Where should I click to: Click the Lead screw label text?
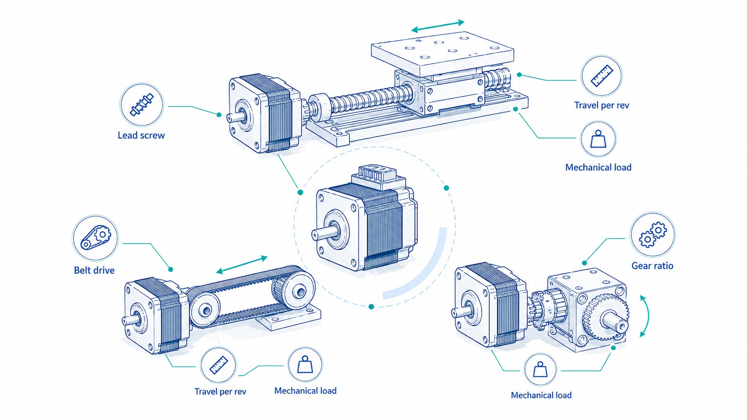pyautogui.click(x=141, y=135)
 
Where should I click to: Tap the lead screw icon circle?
pyautogui.click(x=142, y=104)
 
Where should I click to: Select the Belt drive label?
pyautogui.click(x=94, y=270)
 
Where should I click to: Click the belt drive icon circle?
pyautogui.click(x=95, y=238)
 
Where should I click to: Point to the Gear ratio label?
pyautogui.click(x=652, y=266)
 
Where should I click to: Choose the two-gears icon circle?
pyautogui.click(x=652, y=234)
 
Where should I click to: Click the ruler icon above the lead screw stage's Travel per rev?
pyautogui.click(x=601, y=76)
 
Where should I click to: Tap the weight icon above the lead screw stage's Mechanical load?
pyautogui.click(x=598, y=139)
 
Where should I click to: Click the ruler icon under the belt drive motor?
pyautogui.click(x=218, y=365)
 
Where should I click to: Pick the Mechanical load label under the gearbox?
pyautogui.click(x=541, y=395)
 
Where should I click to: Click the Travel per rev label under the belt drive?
pyautogui.click(x=220, y=391)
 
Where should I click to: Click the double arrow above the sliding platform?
pyautogui.click(x=438, y=26)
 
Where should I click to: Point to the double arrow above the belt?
pyautogui.click(x=242, y=265)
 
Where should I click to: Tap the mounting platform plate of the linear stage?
pyautogui.click(x=443, y=53)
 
